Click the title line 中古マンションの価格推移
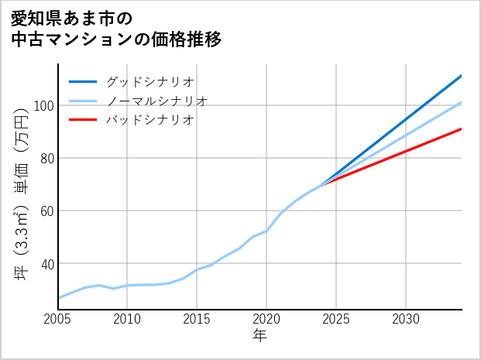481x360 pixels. (116, 39)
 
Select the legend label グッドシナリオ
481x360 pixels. (149, 81)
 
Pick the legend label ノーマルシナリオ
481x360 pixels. (156, 101)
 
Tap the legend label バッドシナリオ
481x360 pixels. (149, 120)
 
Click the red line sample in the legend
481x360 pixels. (83, 120)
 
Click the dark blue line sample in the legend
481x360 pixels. (83, 81)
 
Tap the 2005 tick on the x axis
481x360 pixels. (58, 319)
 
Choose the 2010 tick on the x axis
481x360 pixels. (128, 319)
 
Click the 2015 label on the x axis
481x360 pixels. (198, 319)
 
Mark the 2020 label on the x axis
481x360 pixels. (267, 319)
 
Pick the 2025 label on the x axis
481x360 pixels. (337, 319)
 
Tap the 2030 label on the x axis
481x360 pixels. (407, 319)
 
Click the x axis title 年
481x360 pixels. (260, 336)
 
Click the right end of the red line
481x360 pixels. (461, 129)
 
